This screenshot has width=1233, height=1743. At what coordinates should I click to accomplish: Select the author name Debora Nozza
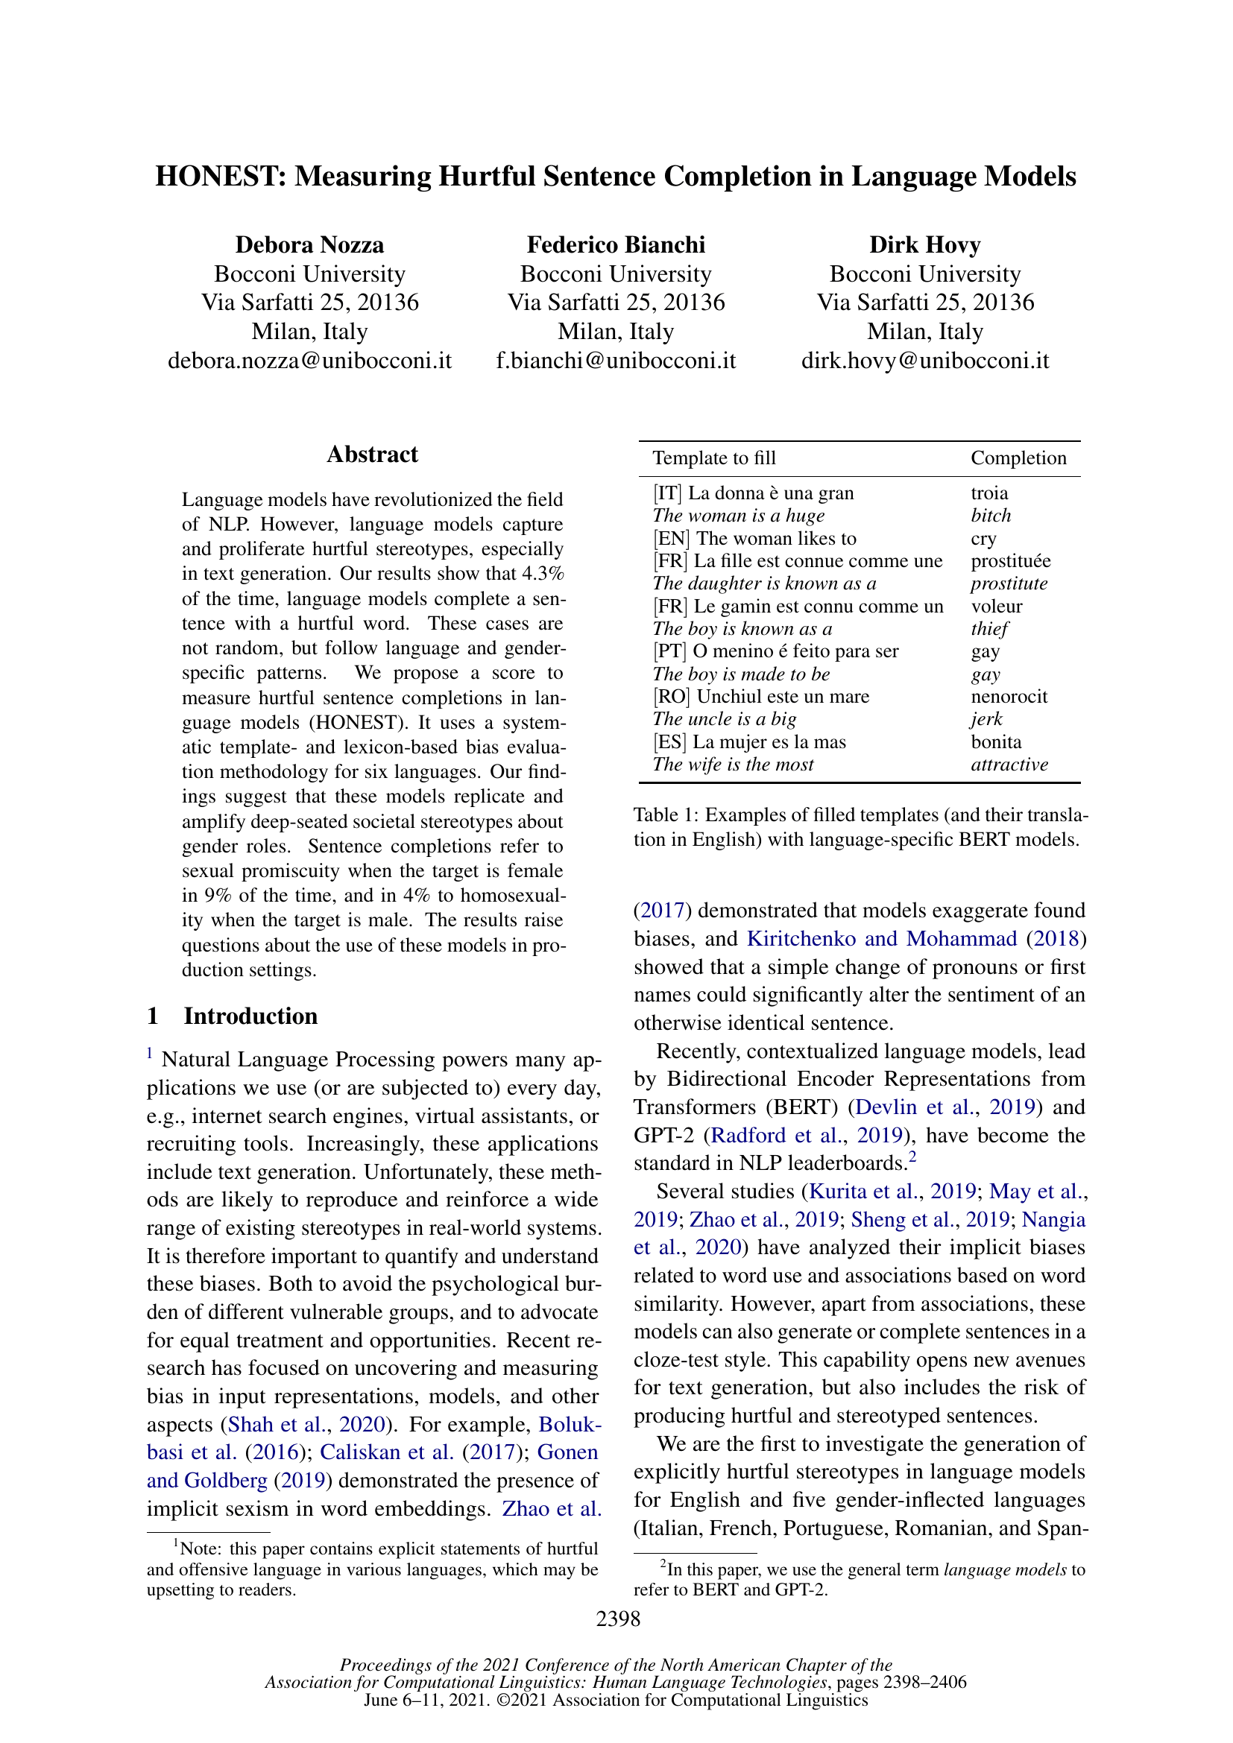[x=309, y=244]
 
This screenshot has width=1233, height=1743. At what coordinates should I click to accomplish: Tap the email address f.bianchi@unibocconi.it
[x=616, y=360]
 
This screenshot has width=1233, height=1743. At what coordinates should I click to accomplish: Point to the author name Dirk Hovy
[x=924, y=244]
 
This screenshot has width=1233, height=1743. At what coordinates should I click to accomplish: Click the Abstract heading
[x=372, y=454]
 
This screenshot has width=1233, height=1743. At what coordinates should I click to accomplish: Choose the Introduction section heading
[x=250, y=1016]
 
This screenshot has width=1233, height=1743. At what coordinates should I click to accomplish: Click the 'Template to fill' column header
[x=713, y=458]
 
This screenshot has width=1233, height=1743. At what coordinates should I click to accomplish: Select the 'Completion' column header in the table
[x=1018, y=458]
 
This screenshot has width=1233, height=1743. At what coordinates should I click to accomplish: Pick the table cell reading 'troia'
[x=989, y=493]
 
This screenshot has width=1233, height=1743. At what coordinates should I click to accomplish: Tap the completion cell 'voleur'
[x=996, y=606]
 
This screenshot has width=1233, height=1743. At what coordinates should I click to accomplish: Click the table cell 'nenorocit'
[x=1009, y=696]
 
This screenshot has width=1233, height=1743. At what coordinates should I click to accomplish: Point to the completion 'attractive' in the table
[x=1009, y=765]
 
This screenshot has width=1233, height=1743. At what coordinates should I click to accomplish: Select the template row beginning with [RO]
[x=761, y=696]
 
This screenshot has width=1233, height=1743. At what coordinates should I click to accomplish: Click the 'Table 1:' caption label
[x=666, y=814]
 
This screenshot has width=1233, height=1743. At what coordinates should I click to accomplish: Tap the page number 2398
[x=618, y=1619]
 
